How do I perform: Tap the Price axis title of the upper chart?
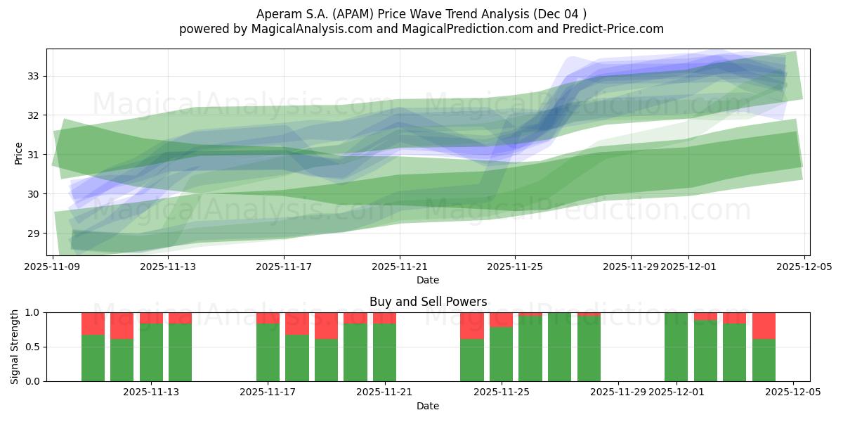19,153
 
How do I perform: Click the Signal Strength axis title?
15,346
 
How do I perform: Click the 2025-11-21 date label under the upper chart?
400,267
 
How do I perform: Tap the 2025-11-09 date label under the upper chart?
53,267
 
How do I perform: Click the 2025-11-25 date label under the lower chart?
502,392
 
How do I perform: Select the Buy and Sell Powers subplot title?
428,302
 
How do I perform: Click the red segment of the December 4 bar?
764,326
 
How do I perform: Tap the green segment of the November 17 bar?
268,352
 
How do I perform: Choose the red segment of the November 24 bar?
471,326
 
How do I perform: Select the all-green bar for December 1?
676,347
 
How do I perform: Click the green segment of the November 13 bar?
180,352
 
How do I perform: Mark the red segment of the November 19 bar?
326,326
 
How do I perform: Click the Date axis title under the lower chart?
428,406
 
